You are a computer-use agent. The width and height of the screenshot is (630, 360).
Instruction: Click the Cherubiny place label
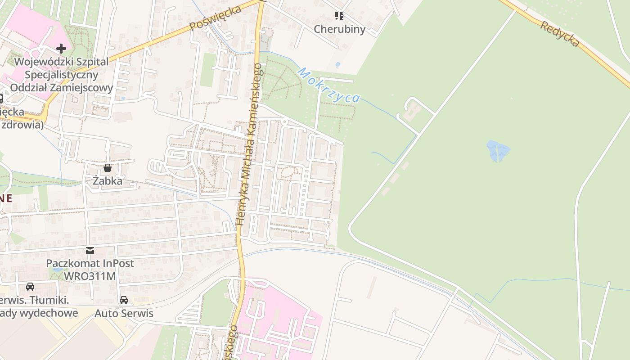click(x=339, y=29)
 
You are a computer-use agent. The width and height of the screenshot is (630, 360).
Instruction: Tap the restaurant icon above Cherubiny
click(x=339, y=16)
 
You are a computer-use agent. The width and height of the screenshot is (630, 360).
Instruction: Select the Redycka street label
click(x=559, y=34)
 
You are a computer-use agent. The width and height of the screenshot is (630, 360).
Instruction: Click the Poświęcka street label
click(x=216, y=18)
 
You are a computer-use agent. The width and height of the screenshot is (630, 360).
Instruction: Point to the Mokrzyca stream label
click(x=329, y=85)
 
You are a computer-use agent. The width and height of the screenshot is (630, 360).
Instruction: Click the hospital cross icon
click(x=61, y=48)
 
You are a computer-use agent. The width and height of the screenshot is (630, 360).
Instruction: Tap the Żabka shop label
click(x=108, y=181)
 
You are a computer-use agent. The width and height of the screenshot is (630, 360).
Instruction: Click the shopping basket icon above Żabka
click(x=108, y=168)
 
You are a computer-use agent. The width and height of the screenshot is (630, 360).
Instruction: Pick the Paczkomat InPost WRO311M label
click(x=90, y=269)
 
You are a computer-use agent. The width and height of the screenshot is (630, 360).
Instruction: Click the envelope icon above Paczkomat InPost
click(x=90, y=251)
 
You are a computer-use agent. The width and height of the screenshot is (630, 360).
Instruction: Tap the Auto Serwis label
click(x=124, y=313)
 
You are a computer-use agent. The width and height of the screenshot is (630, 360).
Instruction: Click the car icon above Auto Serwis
click(x=124, y=300)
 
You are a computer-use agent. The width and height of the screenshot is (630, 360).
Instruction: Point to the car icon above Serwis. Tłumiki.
click(x=30, y=287)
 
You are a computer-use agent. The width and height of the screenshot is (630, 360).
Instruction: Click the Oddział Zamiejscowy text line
click(x=61, y=87)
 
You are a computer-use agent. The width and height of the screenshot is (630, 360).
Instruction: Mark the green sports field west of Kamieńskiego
click(x=207, y=70)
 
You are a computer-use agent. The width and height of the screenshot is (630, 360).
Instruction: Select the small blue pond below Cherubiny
click(x=337, y=65)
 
